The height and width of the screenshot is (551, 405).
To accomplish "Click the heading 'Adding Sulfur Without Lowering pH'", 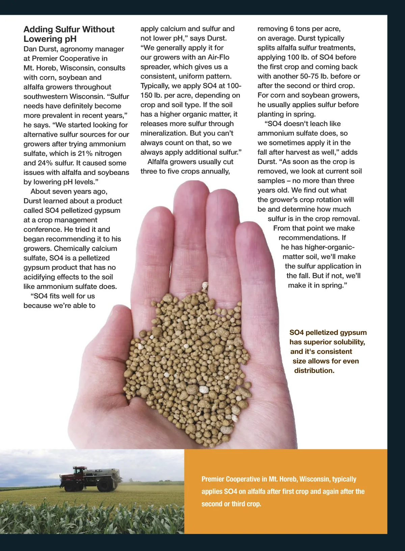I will [69, 34].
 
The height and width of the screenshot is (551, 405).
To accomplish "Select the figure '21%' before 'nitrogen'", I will [85, 153].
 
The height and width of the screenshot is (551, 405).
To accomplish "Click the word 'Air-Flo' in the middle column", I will [218, 57].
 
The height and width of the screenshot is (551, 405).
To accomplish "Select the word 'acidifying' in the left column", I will [39, 277].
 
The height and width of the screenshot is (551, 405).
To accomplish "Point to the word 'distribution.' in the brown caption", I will [314, 370].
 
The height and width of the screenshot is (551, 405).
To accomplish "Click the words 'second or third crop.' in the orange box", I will [231, 504].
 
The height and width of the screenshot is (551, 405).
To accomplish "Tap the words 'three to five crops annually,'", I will [185, 171].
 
